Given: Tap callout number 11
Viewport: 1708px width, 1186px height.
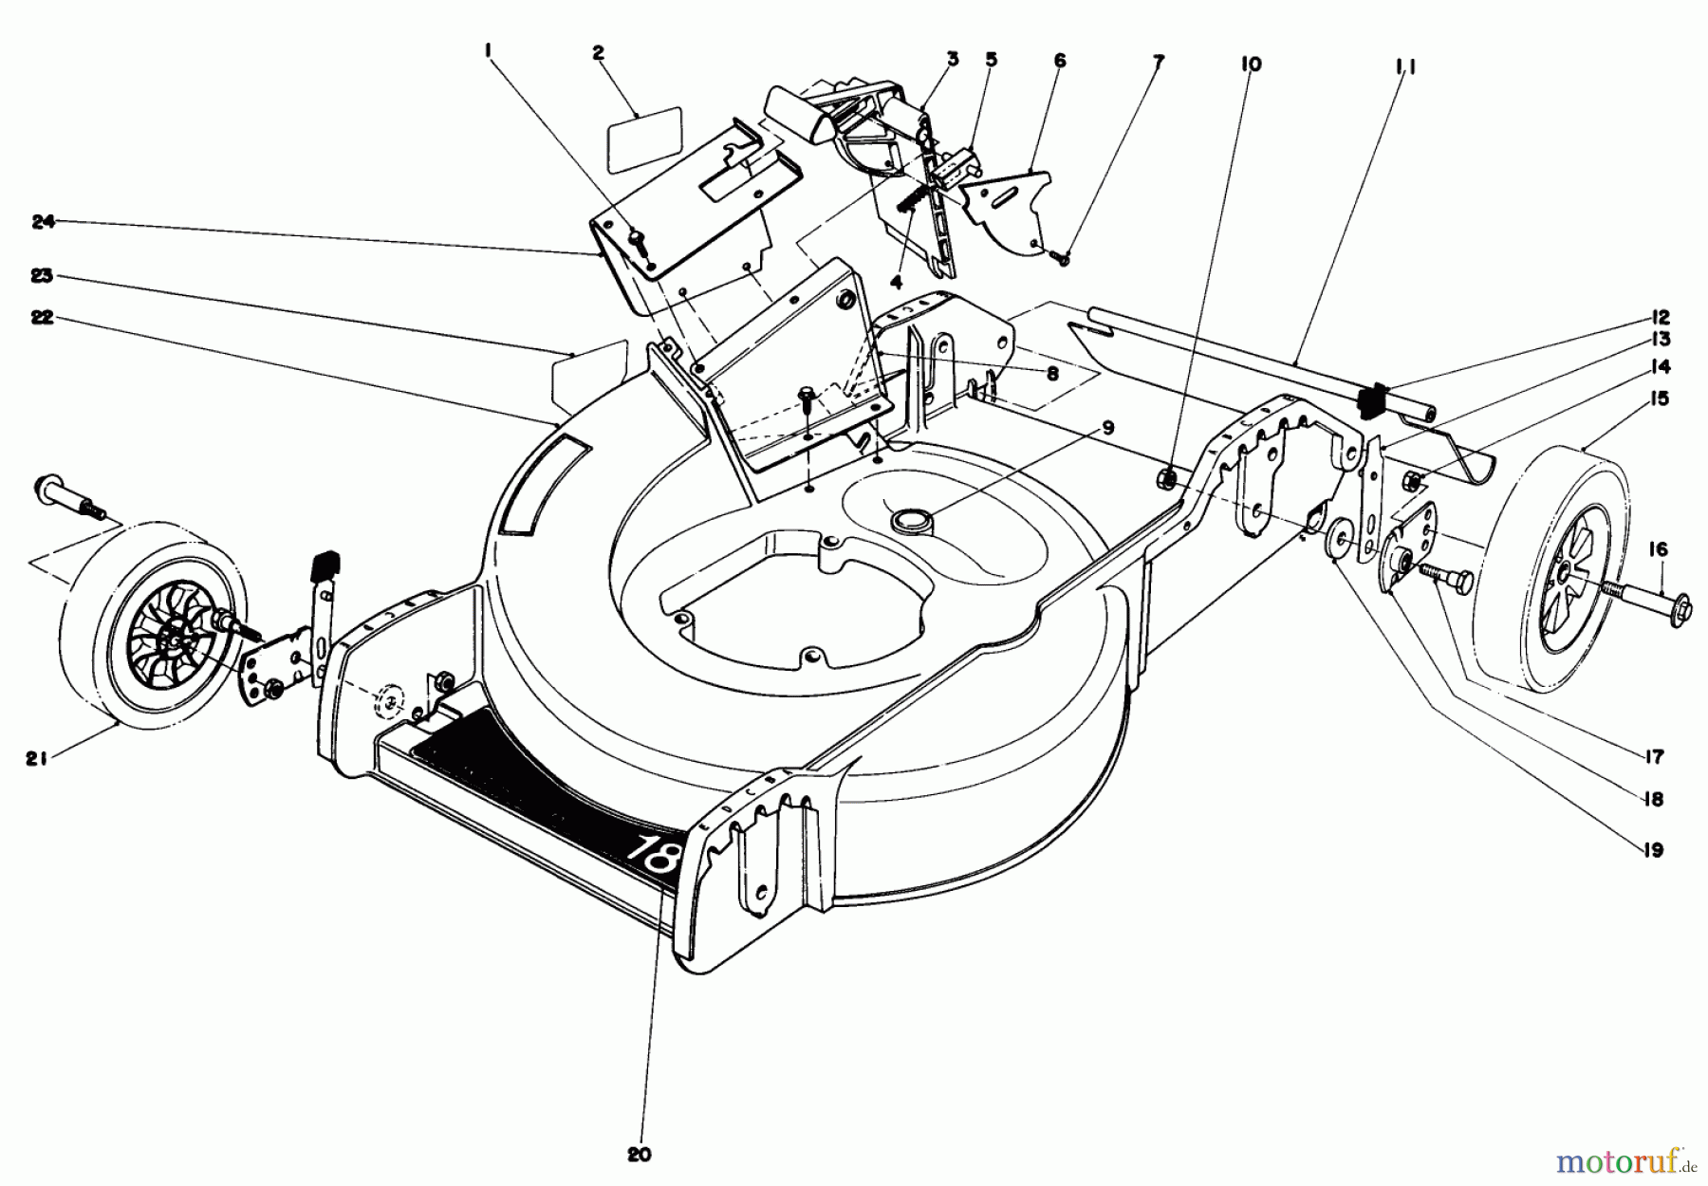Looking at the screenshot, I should (1405, 67).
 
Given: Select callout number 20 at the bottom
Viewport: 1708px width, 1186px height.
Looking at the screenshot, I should (640, 1155).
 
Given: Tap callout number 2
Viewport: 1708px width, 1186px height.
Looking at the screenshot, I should (598, 54).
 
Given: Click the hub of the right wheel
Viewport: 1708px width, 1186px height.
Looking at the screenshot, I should (1563, 589).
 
